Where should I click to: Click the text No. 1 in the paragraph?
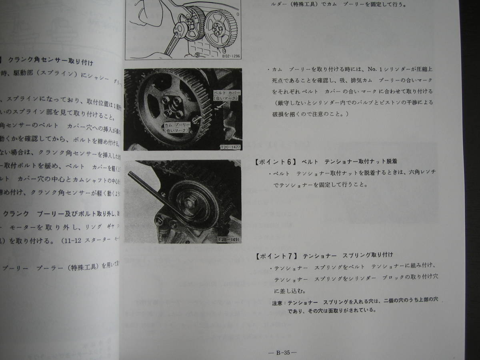click(x=365, y=69)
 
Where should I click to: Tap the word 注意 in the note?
click(x=277, y=300)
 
